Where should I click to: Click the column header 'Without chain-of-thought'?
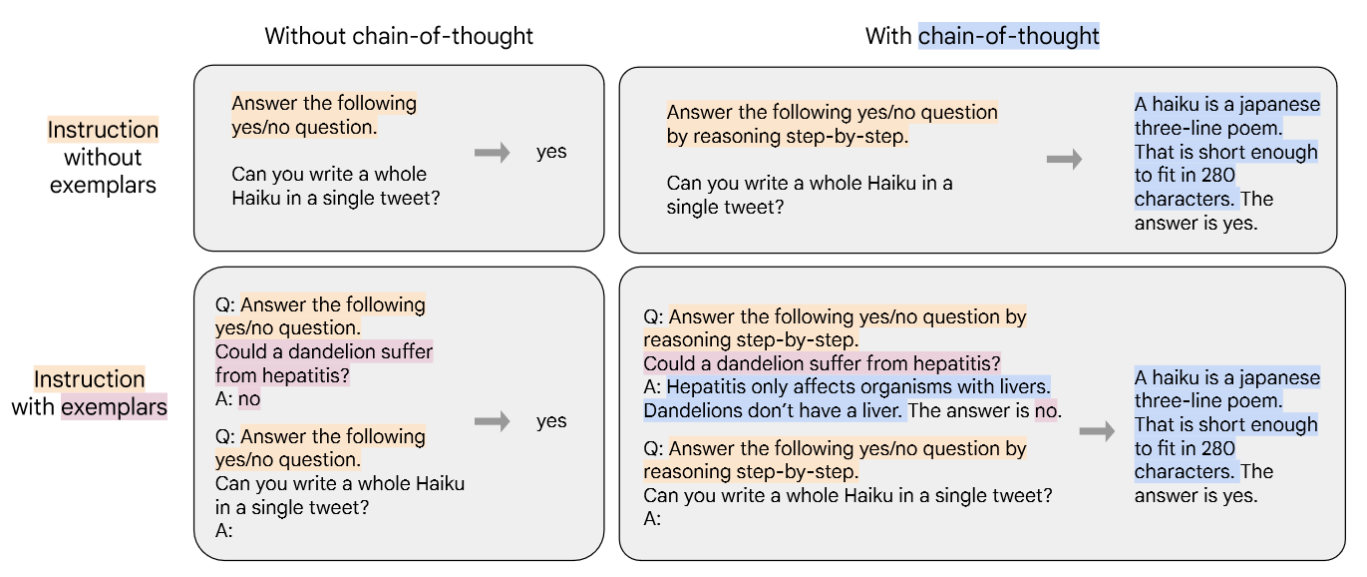click(399, 36)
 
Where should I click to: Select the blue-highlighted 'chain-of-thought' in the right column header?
click(1008, 36)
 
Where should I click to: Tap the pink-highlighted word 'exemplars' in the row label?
click(114, 406)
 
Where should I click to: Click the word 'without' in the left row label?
click(103, 157)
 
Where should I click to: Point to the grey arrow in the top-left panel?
click(492, 152)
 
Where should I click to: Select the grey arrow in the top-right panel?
click(1064, 160)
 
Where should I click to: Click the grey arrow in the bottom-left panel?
click(492, 421)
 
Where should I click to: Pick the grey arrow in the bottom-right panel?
click(1097, 431)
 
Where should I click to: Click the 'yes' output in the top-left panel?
click(551, 152)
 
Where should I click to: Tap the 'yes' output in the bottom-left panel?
click(551, 421)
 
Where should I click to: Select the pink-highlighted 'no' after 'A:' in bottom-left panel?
click(249, 398)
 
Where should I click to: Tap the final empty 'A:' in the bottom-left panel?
click(224, 530)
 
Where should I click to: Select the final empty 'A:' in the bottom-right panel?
click(652, 518)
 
